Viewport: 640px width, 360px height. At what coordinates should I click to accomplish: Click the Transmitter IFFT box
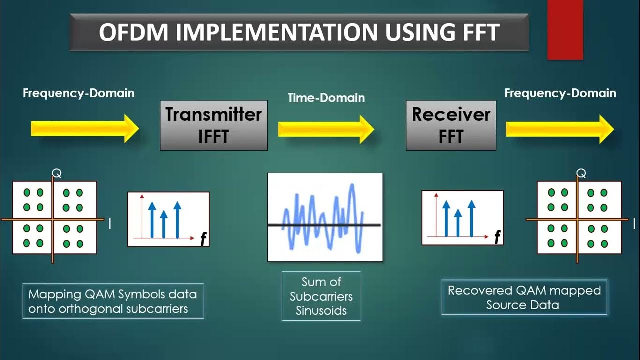214,125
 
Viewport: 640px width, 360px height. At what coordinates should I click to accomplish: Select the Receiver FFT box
451,125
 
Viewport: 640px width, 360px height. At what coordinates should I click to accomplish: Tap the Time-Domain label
326,98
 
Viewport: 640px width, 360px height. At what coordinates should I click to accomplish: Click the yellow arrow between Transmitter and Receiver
326,129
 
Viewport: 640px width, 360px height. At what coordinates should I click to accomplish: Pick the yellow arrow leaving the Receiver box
559,129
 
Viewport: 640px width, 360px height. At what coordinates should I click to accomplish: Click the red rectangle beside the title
565,30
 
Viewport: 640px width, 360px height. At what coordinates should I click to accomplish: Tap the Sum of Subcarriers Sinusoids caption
321,296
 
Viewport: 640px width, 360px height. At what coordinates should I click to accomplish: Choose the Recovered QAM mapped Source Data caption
524,297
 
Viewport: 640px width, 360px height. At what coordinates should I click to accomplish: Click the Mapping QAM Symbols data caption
113,301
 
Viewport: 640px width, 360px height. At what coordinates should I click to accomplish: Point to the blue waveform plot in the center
325,217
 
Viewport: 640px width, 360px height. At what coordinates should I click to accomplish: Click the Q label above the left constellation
56,174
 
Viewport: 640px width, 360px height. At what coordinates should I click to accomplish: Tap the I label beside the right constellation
634,223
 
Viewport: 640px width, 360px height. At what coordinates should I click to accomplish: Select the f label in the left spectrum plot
203,240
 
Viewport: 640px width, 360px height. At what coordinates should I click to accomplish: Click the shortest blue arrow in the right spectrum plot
458,223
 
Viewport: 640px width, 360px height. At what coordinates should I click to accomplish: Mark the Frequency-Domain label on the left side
78,93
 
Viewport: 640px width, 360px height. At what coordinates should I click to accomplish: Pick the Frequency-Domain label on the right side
560,93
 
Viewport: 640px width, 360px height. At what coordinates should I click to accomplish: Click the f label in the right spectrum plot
497,238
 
